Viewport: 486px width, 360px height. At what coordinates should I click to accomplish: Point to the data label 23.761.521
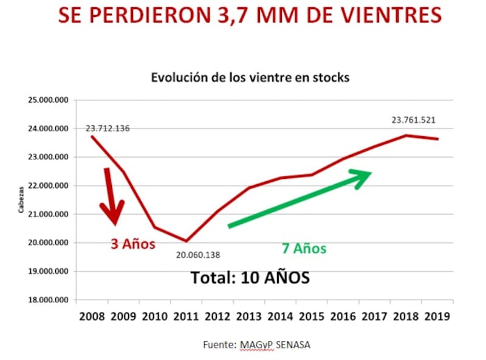click(x=414, y=120)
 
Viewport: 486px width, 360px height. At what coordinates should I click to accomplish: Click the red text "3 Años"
click(x=132, y=244)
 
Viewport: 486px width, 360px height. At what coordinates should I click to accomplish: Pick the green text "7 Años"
click(x=304, y=248)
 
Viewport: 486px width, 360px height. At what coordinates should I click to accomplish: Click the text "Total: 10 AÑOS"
click(x=250, y=277)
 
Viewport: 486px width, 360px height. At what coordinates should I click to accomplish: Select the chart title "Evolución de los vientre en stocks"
click(x=250, y=78)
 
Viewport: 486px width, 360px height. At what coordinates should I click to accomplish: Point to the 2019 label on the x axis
click(x=437, y=317)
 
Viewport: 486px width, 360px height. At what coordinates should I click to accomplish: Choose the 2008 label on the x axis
click(x=91, y=317)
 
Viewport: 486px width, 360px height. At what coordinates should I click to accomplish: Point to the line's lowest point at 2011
click(x=187, y=241)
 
